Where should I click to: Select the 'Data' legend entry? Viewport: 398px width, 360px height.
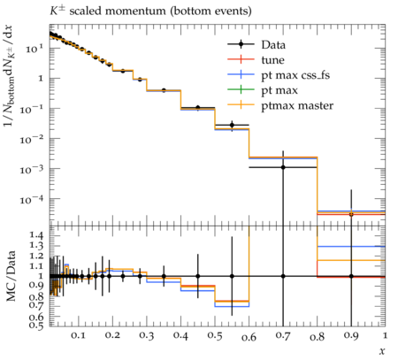point(256,45)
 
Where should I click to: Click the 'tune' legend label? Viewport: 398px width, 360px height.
point(273,60)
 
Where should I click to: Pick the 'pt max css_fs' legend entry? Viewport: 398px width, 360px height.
point(279,75)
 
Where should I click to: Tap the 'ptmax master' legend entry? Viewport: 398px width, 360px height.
point(280,105)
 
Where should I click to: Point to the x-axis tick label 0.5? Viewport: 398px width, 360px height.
point(215,336)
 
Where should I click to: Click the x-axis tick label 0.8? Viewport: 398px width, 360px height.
point(317,336)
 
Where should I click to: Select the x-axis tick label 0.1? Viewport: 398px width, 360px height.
point(78,335)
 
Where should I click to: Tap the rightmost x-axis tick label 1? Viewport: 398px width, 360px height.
point(385,335)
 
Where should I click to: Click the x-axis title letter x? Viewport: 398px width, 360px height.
point(382,351)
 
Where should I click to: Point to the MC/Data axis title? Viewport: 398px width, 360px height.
point(11,276)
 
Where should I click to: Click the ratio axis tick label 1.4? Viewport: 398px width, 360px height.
point(36,235)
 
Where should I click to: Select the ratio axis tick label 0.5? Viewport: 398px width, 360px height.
point(36,325)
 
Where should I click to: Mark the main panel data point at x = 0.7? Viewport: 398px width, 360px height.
point(283,167)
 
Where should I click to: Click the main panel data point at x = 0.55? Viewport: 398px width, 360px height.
point(232,125)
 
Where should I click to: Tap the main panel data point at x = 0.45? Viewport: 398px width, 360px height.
point(198,108)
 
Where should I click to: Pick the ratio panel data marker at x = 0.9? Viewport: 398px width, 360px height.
point(351,276)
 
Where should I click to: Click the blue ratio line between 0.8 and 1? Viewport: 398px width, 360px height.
point(351,247)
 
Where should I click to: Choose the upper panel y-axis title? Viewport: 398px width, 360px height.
point(10,75)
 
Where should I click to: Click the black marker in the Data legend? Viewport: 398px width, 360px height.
point(241,44)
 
